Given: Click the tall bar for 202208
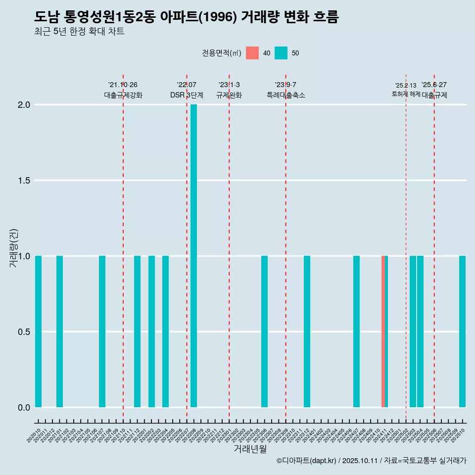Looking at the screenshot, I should point(193,256).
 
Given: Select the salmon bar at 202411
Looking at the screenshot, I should point(383,332).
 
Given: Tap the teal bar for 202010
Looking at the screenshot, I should point(38,332).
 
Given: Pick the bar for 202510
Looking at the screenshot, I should point(462,332).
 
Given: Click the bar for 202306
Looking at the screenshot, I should point(264,332).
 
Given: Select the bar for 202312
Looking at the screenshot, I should point(307,332).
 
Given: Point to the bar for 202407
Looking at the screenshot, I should point(356,332).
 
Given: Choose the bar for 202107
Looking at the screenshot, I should point(102,332).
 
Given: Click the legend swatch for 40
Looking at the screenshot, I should point(252,53).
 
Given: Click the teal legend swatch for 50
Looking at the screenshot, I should point(281,53).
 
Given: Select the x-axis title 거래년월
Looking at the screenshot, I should point(250,449).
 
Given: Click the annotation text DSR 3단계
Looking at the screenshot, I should point(187,95).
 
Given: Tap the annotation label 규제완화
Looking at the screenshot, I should point(229,95).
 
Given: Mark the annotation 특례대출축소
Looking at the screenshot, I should point(285,95).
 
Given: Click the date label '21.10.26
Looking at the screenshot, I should point(123,85).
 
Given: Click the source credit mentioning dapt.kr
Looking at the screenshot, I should point(371,461).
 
